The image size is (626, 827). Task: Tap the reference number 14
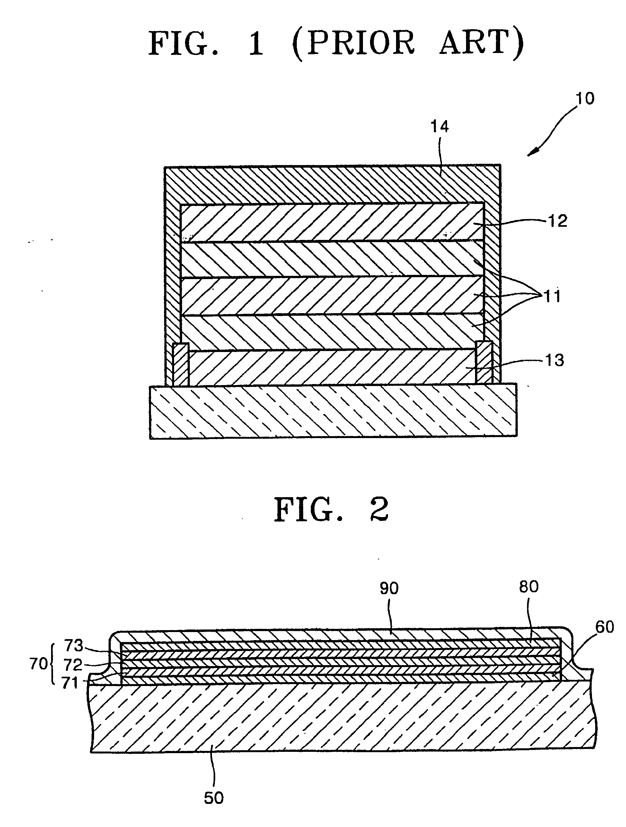tap(439, 127)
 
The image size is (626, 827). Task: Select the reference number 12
tap(557, 221)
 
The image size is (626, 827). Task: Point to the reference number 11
tap(552, 296)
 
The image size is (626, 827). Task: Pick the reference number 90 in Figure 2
tap(389, 588)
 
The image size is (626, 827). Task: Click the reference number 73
tap(73, 646)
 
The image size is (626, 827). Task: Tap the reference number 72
tap(73, 665)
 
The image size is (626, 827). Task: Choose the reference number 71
tap(70, 683)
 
